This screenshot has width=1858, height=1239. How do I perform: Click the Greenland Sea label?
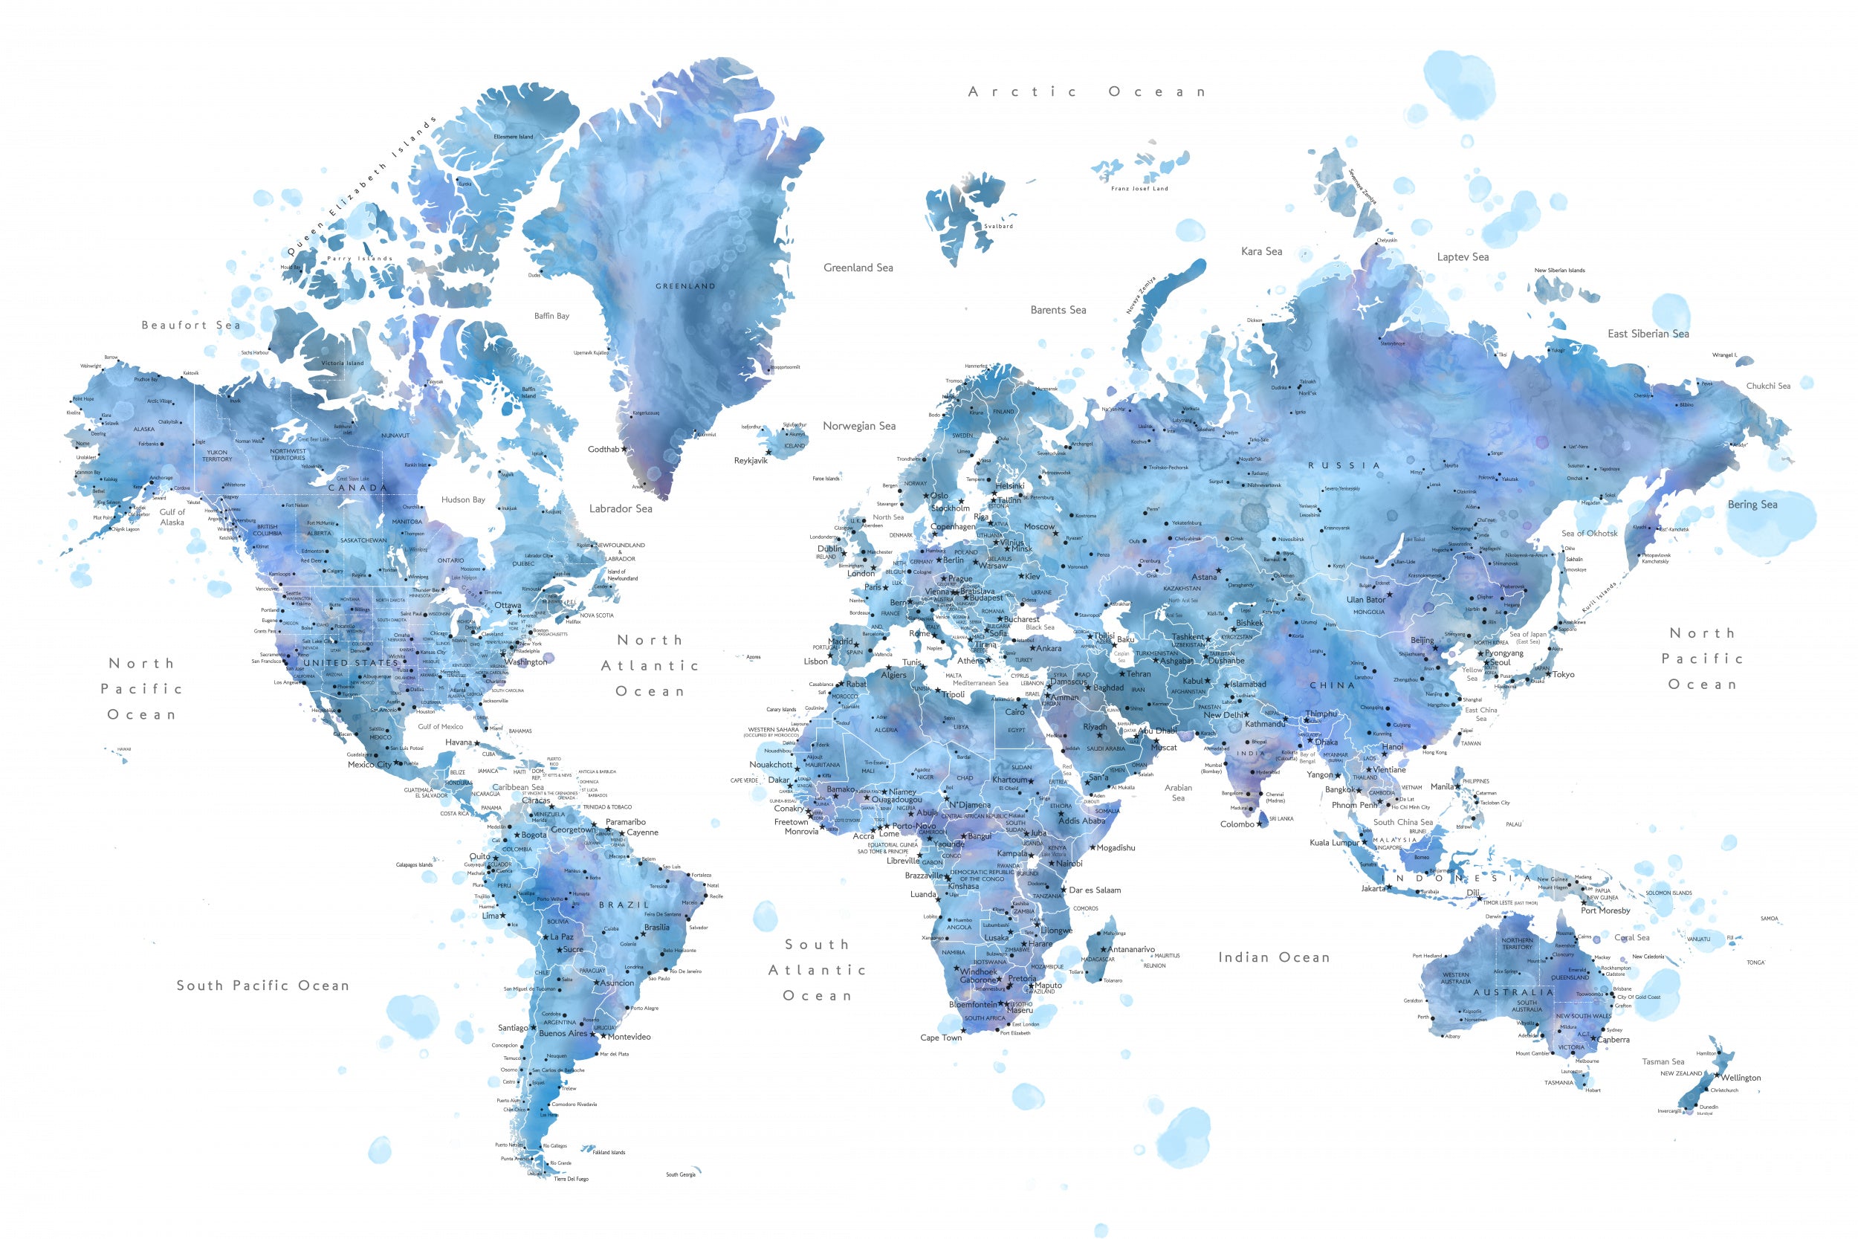(x=858, y=268)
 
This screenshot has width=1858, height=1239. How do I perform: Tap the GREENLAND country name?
(x=685, y=286)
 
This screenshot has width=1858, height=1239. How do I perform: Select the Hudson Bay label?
(x=463, y=499)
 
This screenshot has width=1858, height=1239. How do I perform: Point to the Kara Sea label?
(x=1261, y=251)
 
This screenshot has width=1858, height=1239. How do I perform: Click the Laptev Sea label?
(x=1462, y=257)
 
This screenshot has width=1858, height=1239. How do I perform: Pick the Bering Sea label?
(x=1752, y=504)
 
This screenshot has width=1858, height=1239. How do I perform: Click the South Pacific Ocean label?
(x=262, y=986)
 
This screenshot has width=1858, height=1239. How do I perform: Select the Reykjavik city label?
(x=751, y=461)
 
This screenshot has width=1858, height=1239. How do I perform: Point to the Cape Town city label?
(x=941, y=1038)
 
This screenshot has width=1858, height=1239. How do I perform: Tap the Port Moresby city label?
(x=1605, y=910)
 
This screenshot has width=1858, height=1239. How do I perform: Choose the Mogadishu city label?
(x=1116, y=848)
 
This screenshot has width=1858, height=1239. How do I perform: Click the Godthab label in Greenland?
(x=603, y=449)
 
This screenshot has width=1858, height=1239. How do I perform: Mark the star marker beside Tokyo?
(x=1548, y=674)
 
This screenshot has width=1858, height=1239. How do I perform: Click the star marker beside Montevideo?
(x=603, y=1036)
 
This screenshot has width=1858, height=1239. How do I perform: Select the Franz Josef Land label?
(x=1139, y=188)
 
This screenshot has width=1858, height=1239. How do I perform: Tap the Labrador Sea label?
(x=620, y=509)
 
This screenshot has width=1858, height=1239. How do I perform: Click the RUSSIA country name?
(x=1344, y=465)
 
